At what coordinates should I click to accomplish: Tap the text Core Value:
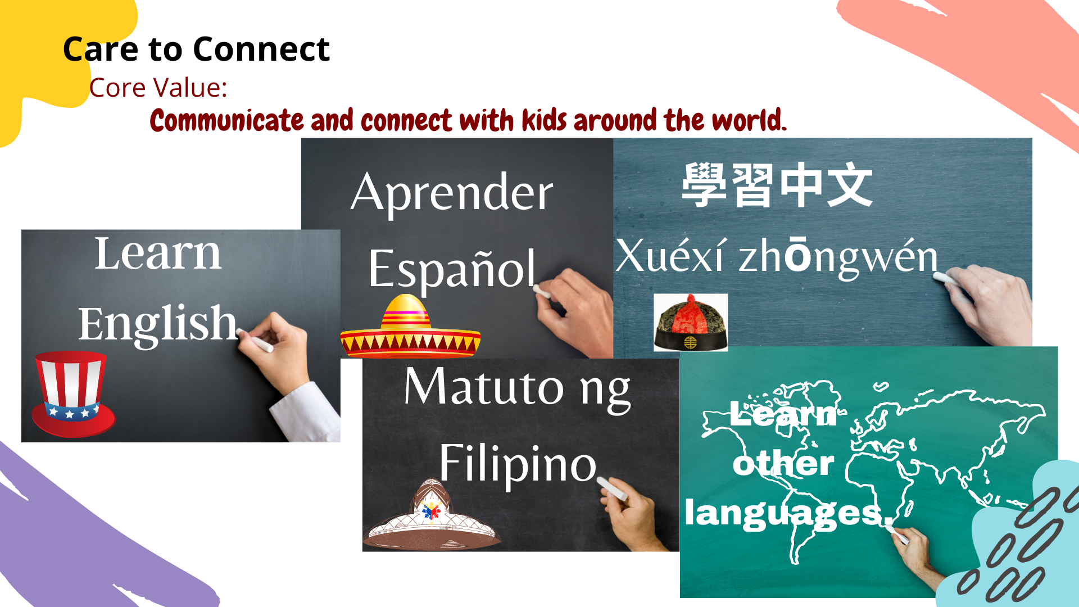click(x=158, y=88)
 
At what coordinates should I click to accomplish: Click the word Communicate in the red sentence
click(x=227, y=121)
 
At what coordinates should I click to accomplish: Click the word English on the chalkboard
click(x=158, y=324)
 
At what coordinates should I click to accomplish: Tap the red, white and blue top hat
click(x=72, y=394)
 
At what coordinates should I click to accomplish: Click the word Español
click(x=452, y=270)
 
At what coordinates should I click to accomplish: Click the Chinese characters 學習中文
click(x=777, y=185)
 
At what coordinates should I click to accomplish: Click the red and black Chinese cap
click(x=691, y=323)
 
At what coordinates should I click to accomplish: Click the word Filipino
click(x=518, y=464)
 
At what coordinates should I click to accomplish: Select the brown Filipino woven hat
click(x=432, y=515)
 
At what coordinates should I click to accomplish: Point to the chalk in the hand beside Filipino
click(x=613, y=488)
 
